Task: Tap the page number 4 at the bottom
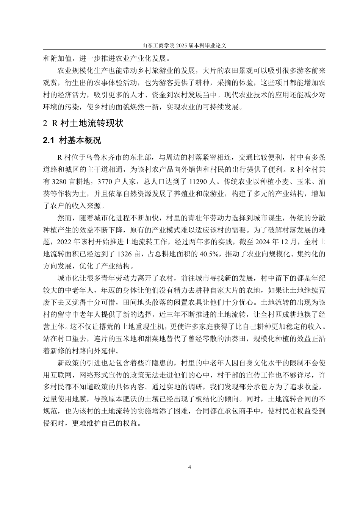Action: tap(189, 467)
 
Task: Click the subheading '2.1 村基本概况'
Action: tap(72, 141)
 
